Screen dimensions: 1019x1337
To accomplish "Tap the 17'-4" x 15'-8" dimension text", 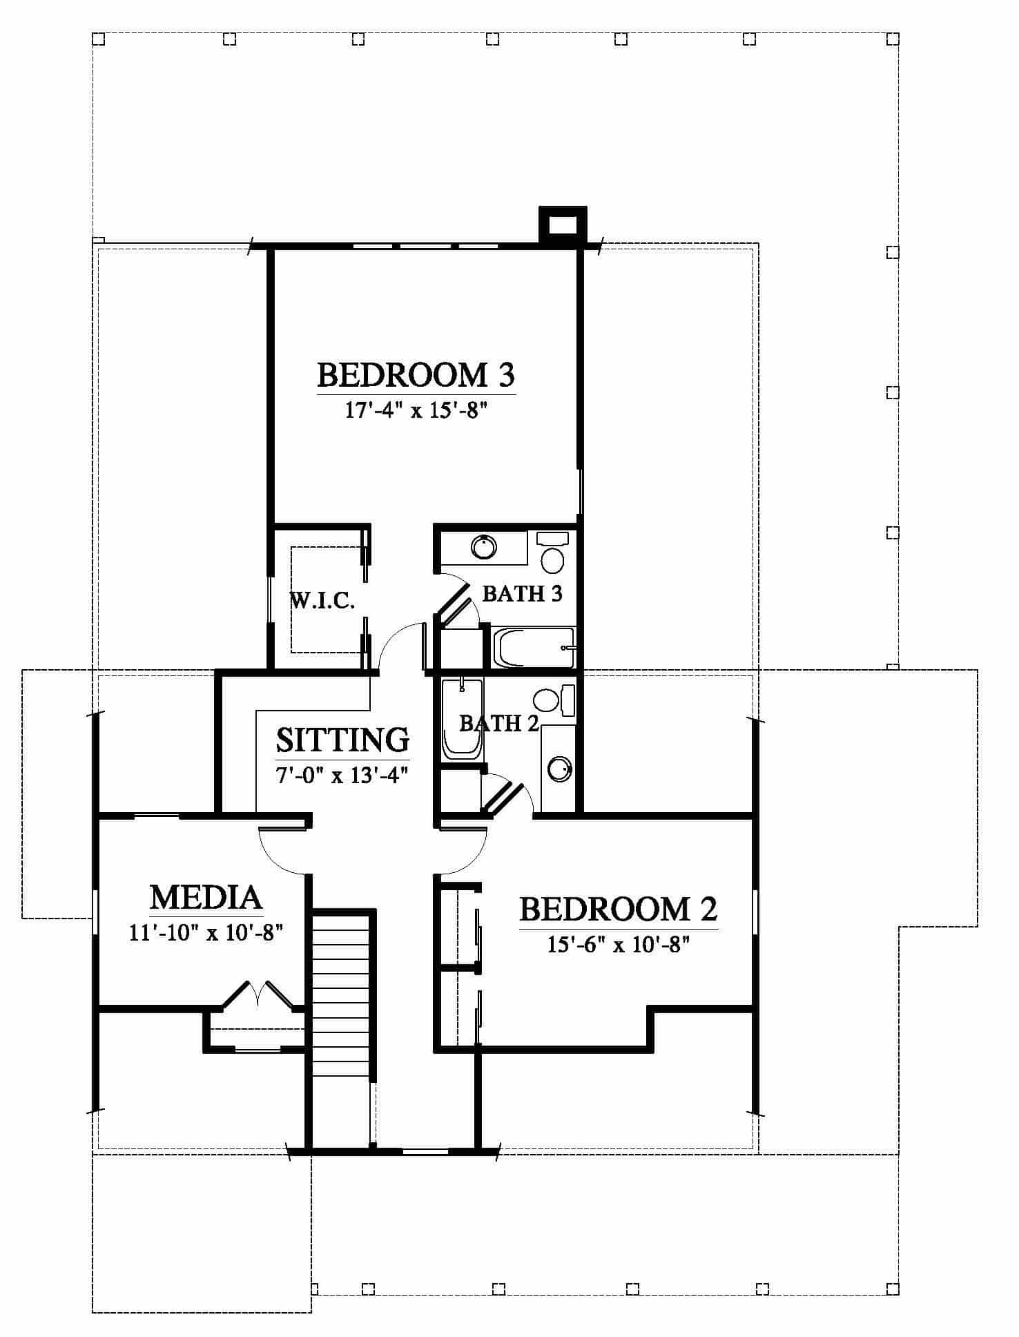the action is pos(416,412).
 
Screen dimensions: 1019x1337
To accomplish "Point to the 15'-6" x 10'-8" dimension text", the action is pos(619,944).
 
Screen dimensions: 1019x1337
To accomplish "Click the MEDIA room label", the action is pos(206,898).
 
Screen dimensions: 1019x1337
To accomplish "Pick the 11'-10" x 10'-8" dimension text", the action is pos(206,934).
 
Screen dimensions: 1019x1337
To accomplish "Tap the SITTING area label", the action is pos(343,740).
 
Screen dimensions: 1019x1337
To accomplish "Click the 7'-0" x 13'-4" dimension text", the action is pos(343,775).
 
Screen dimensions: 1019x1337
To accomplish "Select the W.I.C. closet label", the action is pos(322,602).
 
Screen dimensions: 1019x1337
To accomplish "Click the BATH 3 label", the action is pos(522,593).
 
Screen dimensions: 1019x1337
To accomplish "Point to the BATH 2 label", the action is pos(499,723).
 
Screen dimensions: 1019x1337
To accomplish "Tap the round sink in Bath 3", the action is pos(484,547).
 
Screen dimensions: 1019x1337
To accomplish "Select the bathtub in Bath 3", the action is pos(532,648).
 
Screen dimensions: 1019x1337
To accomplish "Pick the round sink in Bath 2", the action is pos(559,769).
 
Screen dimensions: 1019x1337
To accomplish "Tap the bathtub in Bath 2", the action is pos(461,719).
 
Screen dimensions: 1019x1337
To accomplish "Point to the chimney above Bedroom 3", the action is pos(562,224).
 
